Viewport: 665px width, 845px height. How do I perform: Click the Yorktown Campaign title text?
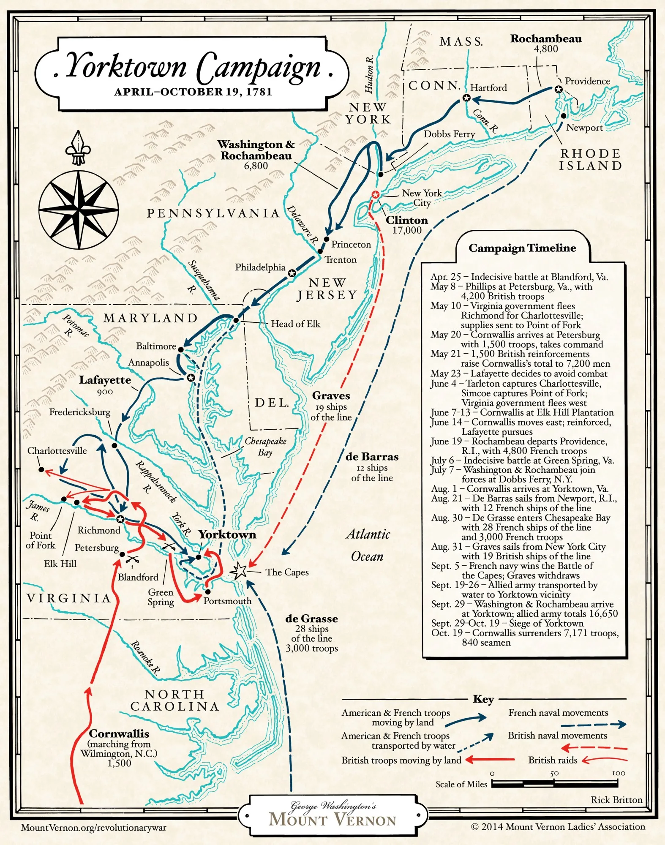(x=192, y=68)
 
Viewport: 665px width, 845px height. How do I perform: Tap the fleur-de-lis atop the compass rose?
(x=78, y=148)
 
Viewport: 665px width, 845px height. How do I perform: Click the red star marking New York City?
(x=375, y=194)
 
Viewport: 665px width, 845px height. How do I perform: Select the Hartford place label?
(x=488, y=88)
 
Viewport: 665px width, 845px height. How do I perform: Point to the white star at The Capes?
(x=239, y=571)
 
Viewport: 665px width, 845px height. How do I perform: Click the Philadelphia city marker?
(x=292, y=273)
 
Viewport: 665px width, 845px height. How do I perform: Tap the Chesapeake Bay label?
(x=265, y=447)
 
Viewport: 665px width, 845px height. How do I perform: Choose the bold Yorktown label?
(x=227, y=534)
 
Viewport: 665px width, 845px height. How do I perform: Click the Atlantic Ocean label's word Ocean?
(x=367, y=556)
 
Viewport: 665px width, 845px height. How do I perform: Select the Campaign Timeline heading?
(x=522, y=248)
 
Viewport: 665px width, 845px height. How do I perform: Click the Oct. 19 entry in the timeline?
(x=524, y=638)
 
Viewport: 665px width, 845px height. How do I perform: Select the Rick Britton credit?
(x=616, y=800)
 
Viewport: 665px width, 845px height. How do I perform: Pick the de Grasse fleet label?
(x=311, y=619)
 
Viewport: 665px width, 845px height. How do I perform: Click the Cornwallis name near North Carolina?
(x=119, y=733)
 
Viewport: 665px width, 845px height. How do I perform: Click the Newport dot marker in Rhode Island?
(x=564, y=116)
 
